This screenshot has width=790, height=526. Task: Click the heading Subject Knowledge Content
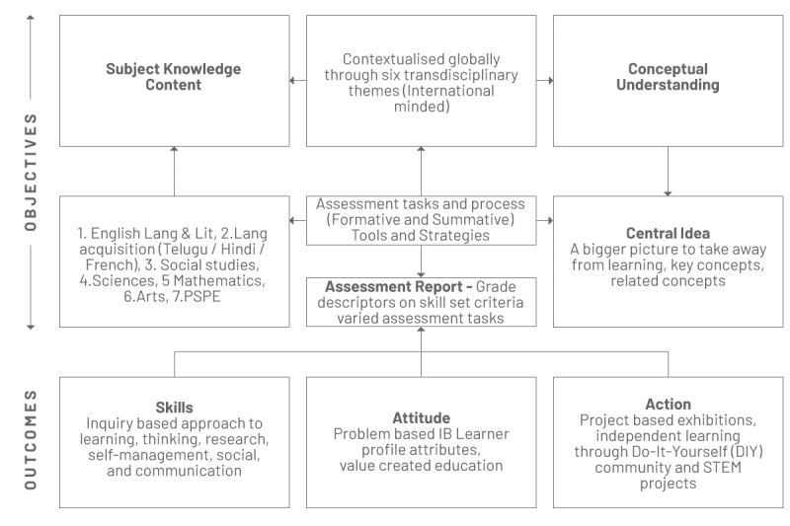coord(174,77)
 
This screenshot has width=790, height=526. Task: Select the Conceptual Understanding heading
coord(668,77)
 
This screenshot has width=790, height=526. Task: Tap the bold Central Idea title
coord(668,233)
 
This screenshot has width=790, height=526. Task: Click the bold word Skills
coord(175,408)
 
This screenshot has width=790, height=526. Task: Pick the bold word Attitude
coord(422,417)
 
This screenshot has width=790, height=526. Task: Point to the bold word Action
coord(669,405)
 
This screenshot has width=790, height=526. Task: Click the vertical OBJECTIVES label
coord(31,172)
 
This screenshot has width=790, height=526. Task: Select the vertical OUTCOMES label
coord(31,439)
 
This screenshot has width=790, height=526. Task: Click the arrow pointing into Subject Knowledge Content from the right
coord(298,81)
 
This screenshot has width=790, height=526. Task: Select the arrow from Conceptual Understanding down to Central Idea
coord(669,171)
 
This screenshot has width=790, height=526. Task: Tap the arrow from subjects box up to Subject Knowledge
coord(175,171)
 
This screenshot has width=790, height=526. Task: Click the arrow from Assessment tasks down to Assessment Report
coord(422,262)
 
